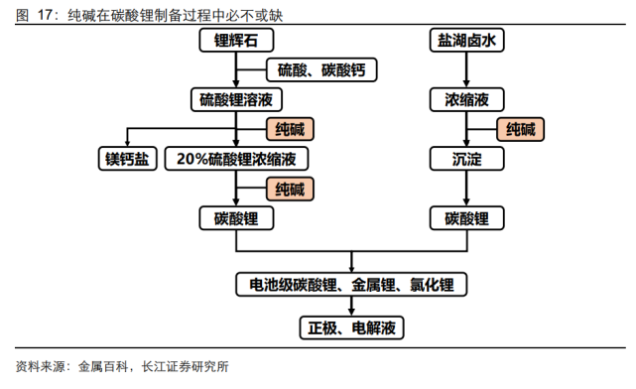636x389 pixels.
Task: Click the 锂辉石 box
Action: point(236,40)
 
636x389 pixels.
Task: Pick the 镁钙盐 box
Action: point(126,159)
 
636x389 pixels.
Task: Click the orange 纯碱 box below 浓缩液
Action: point(521,129)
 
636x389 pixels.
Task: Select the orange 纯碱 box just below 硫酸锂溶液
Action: point(291,129)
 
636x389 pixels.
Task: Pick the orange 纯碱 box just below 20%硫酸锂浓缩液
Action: point(291,189)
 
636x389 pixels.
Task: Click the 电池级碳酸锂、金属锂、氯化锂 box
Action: point(351,286)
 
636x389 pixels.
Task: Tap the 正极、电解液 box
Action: point(351,326)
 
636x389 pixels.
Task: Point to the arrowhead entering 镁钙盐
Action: point(126,143)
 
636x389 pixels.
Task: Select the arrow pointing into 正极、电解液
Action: point(351,308)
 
